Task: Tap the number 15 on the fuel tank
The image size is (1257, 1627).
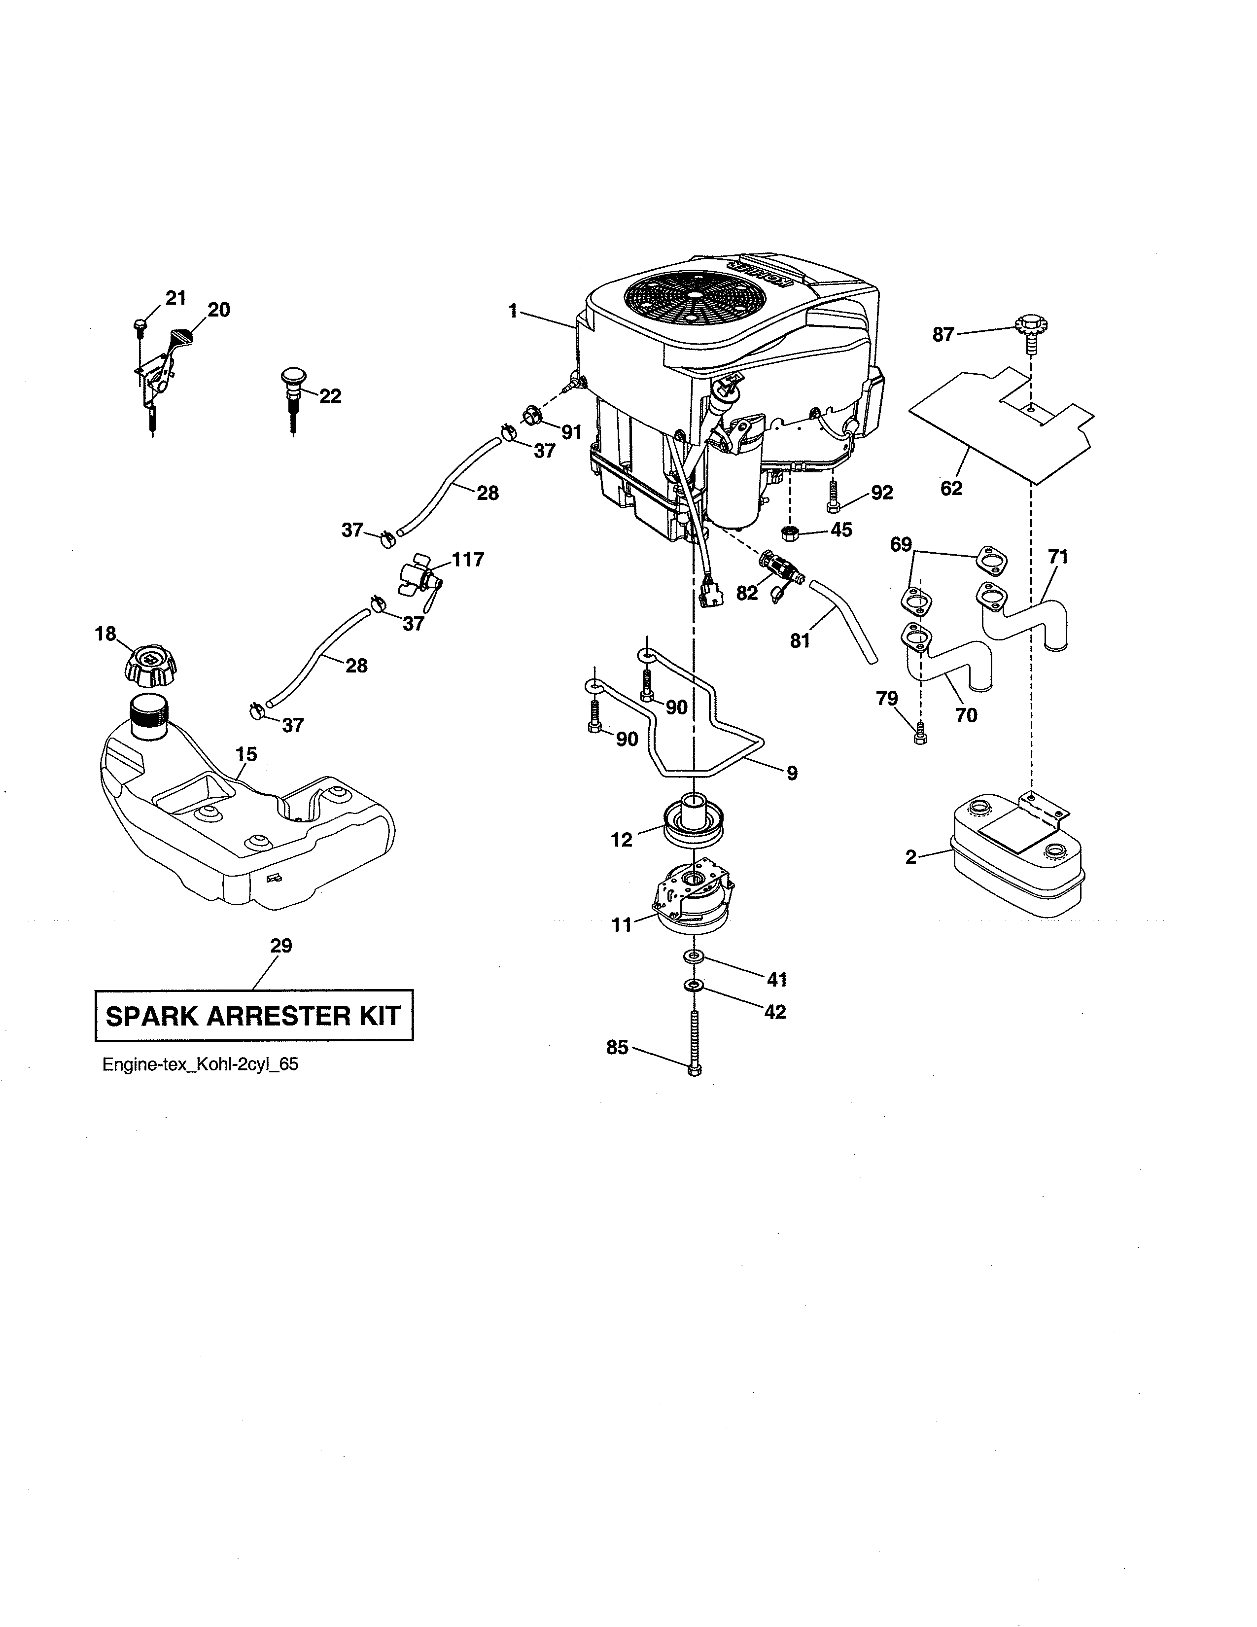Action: click(246, 755)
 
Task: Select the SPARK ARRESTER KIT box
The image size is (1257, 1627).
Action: click(254, 1015)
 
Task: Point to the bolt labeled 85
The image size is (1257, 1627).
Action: click(695, 1043)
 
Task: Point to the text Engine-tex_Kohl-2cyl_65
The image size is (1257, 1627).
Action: click(200, 1064)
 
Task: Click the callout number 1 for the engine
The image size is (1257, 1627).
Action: click(512, 311)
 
